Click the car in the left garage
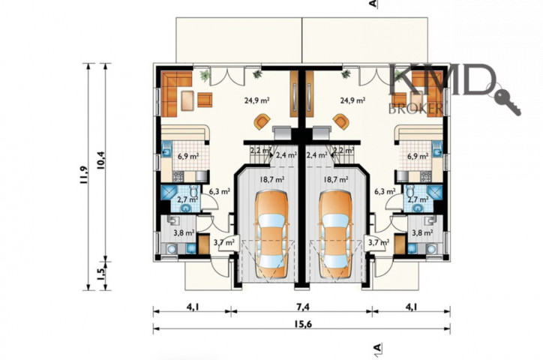coord(271,235)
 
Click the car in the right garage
coord(335,235)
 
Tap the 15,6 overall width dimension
coord(303,324)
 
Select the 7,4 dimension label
coord(302,307)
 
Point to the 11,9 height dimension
coord(84,175)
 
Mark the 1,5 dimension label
coord(101,274)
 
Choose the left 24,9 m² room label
coord(257,100)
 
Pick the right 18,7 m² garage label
coord(336,179)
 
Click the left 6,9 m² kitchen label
coord(188,156)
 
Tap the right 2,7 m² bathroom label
coord(418,199)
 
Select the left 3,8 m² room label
coord(184,233)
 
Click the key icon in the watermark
coord(507,101)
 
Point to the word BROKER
coord(415,108)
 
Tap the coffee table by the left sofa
coord(187,100)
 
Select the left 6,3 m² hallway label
coord(220,190)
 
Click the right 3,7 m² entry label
coord(379,242)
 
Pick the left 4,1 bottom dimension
coord(193,307)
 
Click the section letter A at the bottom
coord(377,347)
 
